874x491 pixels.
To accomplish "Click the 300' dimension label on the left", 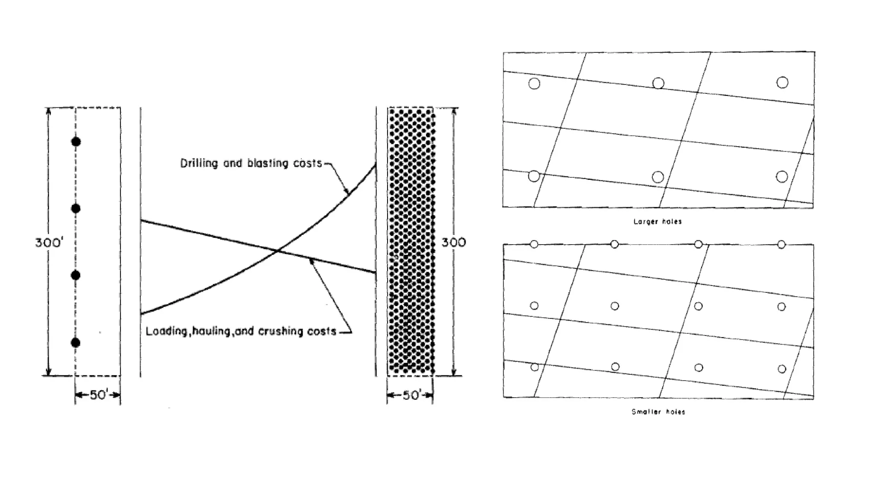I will tap(49, 243).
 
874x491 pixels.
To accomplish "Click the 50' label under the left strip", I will tap(98, 395).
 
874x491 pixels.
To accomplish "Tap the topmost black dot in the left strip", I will tap(76, 142).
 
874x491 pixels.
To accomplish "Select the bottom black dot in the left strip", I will tap(76, 343).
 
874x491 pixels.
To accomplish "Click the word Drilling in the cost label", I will tap(199, 163).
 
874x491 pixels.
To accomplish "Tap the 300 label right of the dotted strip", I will tap(454, 243).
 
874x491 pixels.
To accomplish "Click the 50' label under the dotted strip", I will tap(410, 395).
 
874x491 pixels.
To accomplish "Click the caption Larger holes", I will tap(658, 222).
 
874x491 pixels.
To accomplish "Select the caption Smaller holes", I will tap(658, 412).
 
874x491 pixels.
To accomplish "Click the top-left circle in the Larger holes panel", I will tap(534, 84).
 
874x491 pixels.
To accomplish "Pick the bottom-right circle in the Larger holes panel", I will tap(782, 176).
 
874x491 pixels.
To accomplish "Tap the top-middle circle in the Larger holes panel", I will tap(658, 83).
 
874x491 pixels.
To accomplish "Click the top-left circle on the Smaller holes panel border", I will tap(534, 244).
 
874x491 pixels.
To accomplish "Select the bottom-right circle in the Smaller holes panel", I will tap(782, 369).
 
